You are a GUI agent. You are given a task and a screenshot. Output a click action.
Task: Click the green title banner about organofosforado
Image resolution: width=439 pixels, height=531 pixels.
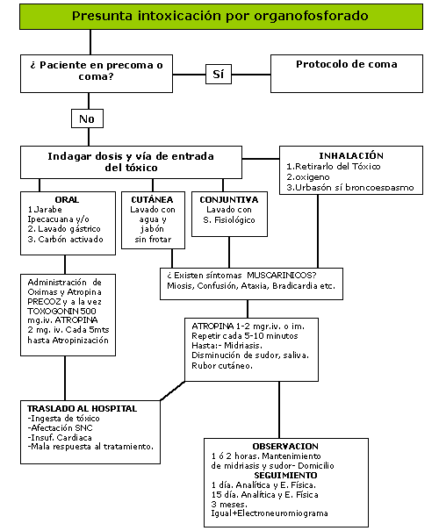click(x=221, y=17)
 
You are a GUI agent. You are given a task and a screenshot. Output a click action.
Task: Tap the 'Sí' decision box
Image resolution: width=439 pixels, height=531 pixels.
click(x=219, y=74)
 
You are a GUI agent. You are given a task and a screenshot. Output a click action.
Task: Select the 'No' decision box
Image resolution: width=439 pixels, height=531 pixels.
click(x=87, y=118)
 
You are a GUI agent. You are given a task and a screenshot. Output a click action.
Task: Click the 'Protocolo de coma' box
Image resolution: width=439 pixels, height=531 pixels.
click(x=347, y=74)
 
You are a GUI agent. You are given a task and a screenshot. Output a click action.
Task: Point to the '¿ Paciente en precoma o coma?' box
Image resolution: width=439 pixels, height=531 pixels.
click(x=97, y=74)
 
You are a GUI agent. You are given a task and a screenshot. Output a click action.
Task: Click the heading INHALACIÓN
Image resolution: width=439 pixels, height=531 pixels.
click(x=351, y=155)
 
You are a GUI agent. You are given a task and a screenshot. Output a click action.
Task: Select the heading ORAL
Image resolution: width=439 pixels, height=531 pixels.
click(x=67, y=199)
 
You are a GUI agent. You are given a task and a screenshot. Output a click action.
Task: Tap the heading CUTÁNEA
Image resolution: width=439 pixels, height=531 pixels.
click(x=153, y=199)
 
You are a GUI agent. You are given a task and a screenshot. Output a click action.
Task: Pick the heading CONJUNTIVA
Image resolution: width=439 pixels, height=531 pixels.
click(x=229, y=199)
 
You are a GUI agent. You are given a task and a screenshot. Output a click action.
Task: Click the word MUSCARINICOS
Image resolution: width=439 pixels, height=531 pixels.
click(x=281, y=275)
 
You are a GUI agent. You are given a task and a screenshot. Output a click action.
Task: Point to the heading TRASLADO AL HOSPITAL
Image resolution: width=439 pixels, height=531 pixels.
click(x=82, y=408)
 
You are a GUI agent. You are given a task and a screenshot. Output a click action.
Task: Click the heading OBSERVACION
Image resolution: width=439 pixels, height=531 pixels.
click(x=285, y=447)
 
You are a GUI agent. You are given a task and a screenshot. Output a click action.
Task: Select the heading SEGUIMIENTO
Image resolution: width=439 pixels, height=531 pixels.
click(x=285, y=475)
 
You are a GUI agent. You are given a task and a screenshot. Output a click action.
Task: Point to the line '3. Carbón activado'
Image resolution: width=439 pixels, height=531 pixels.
click(x=65, y=239)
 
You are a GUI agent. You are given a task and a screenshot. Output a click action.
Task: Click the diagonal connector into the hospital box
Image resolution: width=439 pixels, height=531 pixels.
click(x=173, y=391)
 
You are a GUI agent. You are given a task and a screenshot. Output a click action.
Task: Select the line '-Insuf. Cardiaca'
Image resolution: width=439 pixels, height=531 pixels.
click(x=60, y=437)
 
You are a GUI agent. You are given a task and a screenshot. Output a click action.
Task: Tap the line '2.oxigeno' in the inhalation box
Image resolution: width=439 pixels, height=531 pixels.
click(x=308, y=177)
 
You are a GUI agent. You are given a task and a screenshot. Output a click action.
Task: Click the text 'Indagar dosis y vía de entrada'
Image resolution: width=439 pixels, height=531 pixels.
click(x=131, y=156)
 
